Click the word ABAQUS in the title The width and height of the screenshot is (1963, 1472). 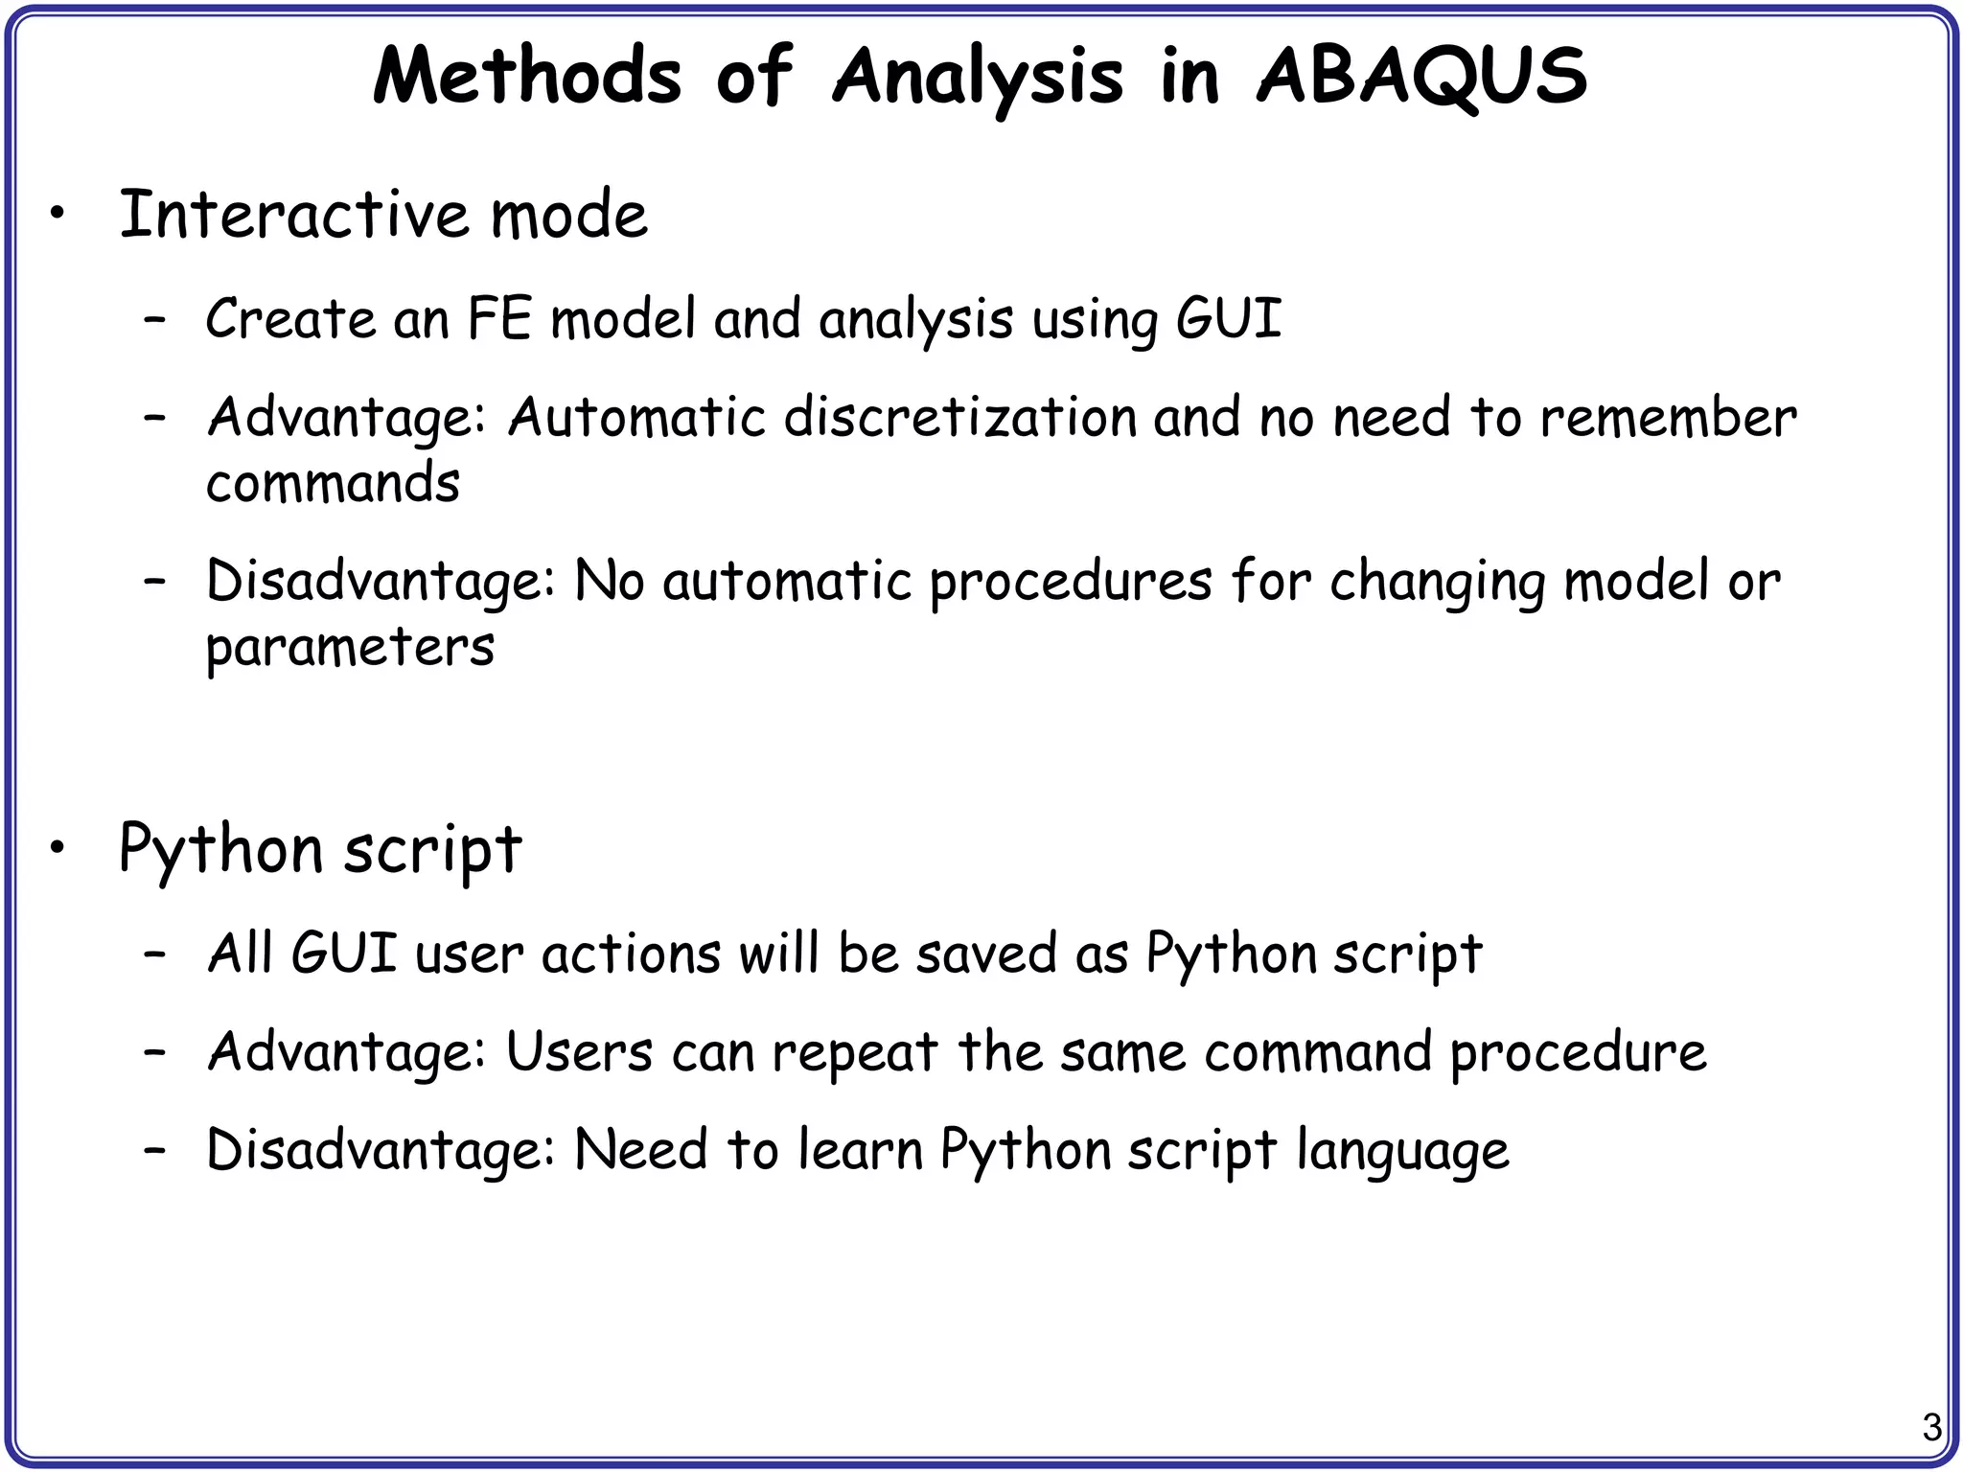coord(1421,77)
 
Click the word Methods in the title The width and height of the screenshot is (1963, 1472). coord(526,77)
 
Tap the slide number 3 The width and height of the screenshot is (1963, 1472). coord(1931,1427)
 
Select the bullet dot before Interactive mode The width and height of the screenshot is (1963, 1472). coord(58,215)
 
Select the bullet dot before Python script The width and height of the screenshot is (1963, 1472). coord(58,848)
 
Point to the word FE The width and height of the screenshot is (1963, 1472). coord(499,318)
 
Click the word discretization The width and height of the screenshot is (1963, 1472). coord(959,418)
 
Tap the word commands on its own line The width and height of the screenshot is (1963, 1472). coord(333,483)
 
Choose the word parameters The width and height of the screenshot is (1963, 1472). coord(350,648)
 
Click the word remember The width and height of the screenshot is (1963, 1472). coord(1668,418)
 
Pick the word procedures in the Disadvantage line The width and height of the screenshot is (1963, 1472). coord(1071,582)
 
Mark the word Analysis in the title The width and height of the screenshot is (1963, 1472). coord(978,77)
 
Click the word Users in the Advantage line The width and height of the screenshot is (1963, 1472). coord(579,1052)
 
